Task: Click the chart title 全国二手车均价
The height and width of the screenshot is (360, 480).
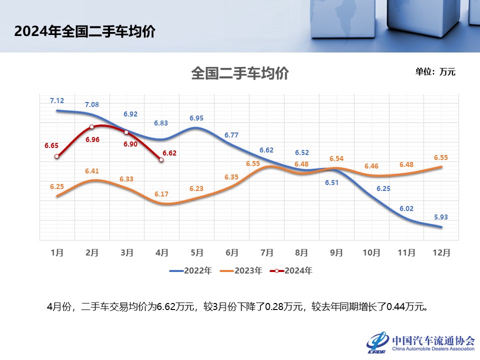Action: pyautogui.click(x=240, y=74)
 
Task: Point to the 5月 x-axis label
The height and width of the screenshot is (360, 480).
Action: pyautogui.click(x=196, y=252)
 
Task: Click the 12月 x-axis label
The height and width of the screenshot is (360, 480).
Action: pyautogui.click(x=441, y=252)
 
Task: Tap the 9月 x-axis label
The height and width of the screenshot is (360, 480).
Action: pyautogui.click(x=336, y=252)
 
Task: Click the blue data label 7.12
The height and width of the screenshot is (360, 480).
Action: pyautogui.click(x=57, y=101)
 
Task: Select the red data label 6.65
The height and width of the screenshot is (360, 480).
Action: pyautogui.click(x=51, y=146)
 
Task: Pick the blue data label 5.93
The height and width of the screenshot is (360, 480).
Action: pyautogui.click(x=441, y=217)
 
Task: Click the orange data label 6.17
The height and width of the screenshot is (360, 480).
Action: pyautogui.click(x=161, y=193)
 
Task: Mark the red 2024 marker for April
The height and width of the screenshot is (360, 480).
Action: pyautogui.click(x=161, y=160)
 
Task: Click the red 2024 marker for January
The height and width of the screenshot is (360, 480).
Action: pyautogui.click(x=57, y=156)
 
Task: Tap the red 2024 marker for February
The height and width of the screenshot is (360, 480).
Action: pyautogui.click(x=92, y=127)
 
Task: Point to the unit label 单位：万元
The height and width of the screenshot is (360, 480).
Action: pyautogui.click(x=435, y=72)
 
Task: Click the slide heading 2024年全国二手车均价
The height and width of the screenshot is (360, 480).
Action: pyautogui.click(x=85, y=31)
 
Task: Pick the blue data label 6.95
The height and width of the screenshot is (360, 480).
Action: pyautogui.click(x=196, y=118)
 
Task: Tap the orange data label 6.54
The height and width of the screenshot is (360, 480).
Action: pyautogui.click(x=336, y=159)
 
